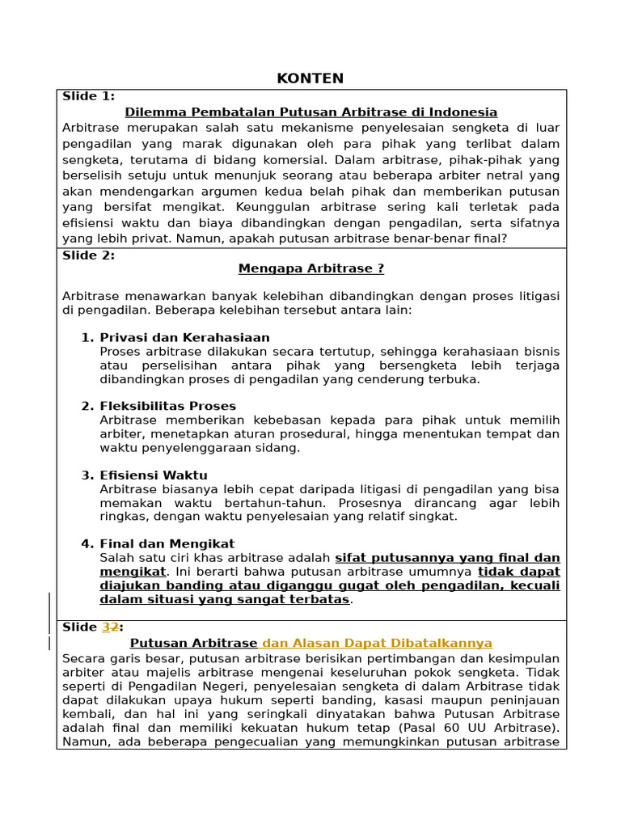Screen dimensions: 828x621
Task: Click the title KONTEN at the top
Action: pyautogui.click(x=310, y=78)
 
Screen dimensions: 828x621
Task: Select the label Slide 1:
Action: pyautogui.click(x=88, y=96)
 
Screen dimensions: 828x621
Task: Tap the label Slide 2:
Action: pyautogui.click(x=88, y=256)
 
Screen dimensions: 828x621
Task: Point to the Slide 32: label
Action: pyautogui.click(x=92, y=627)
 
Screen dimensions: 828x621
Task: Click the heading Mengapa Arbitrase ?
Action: pyautogui.click(x=310, y=269)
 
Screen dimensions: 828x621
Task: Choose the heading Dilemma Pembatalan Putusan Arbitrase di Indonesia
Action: pyautogui.click(x=310, y=112)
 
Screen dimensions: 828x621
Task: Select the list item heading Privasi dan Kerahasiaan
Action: pyautogui.click(x=184, y=337)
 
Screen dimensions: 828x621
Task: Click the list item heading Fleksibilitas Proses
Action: pyautogui.click(x=167, y=406)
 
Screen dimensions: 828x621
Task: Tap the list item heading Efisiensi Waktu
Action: pyautogui.click(x=154, y=475)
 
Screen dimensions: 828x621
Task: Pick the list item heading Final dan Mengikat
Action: pyautogui.click(x=167, y=543)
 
